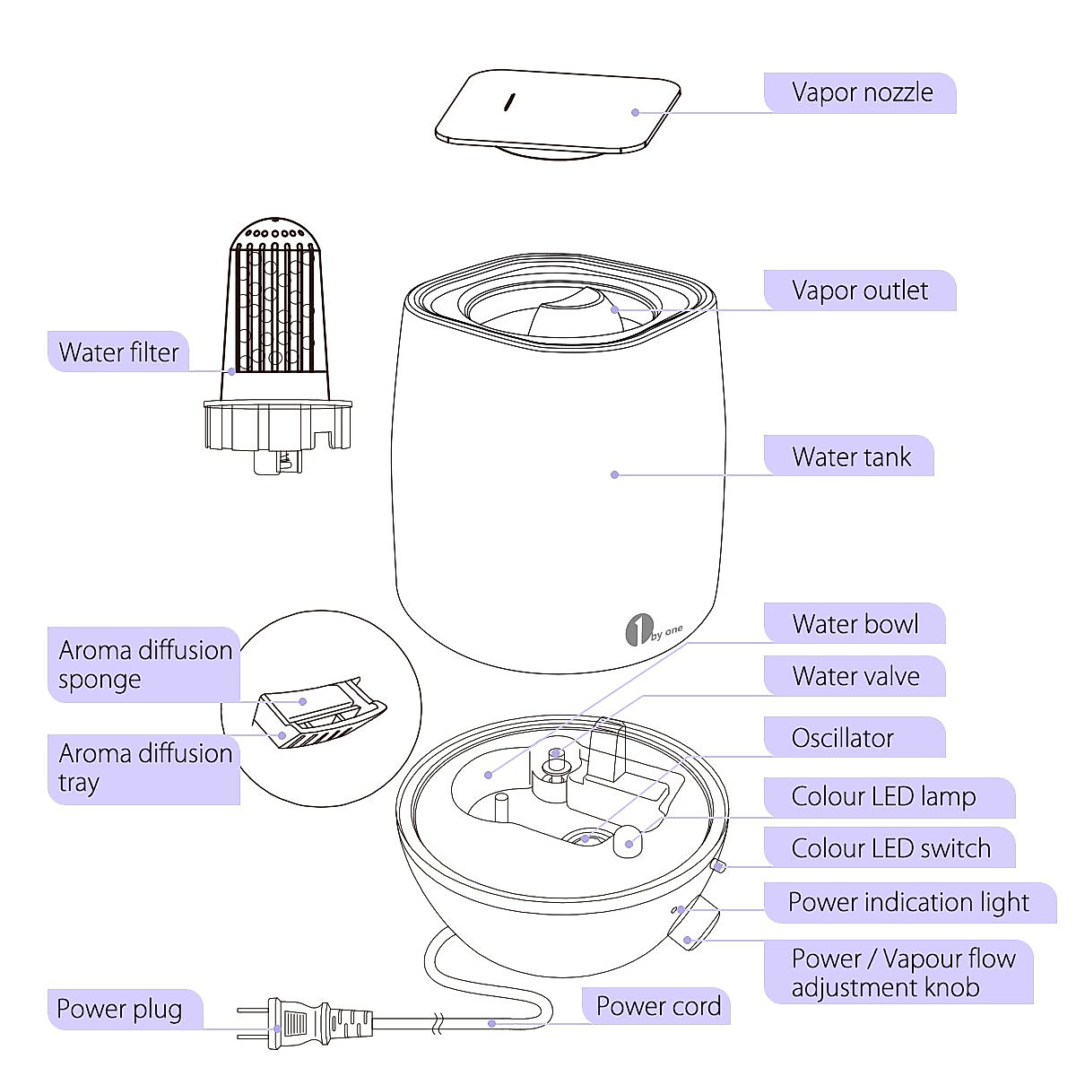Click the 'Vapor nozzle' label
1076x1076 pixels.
[862, 92]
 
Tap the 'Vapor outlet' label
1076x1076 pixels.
[860, 291]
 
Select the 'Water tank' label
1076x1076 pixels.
[850, 457]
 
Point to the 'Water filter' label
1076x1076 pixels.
[118, 352]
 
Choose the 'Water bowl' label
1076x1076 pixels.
[855, 624]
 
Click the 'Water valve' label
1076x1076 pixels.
[855, 676]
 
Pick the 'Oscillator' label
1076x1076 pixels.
[842, 738]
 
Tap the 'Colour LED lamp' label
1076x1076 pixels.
[883, 796]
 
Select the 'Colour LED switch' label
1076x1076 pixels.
[890, 848]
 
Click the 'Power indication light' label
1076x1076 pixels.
[908, 902]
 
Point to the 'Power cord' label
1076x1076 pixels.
[658, 1006]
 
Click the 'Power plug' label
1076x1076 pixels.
[119, 1010]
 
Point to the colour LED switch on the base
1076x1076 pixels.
[718, 866]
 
